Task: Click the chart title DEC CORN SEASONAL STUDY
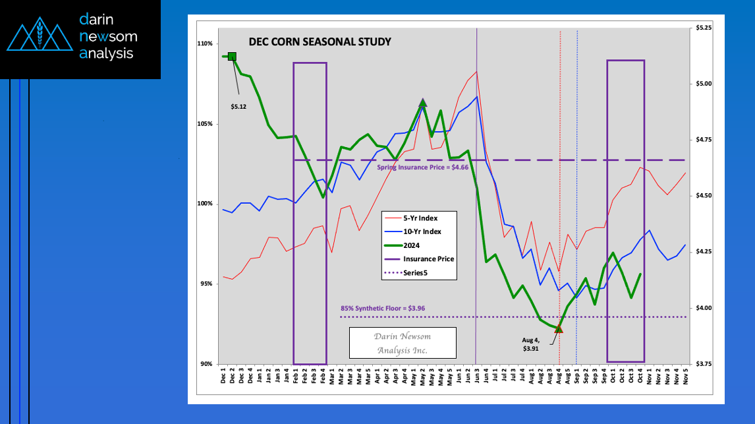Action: (320, 42)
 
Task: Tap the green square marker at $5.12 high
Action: (232, 57)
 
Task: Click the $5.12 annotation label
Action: (238, 106)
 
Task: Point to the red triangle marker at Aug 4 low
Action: (559, 328)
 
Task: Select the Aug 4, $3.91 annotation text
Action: (531, 344)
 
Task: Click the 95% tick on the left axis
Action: (206, 284)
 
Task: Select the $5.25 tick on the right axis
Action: (704, 28)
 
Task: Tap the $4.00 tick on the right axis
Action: (704, 308)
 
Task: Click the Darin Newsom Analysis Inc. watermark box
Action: (402, 343)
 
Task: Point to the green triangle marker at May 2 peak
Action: (423, 102)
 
